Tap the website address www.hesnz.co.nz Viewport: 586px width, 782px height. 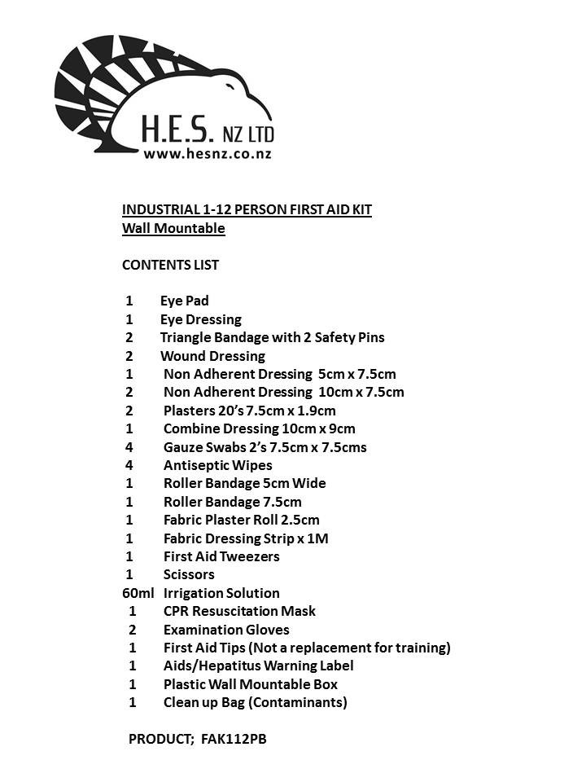point(208,152)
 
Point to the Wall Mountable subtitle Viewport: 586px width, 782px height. point(173,228)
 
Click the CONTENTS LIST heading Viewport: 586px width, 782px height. point(170,265)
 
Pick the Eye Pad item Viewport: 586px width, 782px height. point(184,301)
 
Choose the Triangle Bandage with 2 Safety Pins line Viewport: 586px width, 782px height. point(272,337)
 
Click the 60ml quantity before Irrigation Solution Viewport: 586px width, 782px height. point(138,593)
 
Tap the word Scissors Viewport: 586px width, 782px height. point(189,574)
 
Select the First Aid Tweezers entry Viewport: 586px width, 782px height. point(221,556)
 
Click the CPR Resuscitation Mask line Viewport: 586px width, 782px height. point(239,611)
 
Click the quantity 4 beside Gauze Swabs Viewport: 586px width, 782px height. point(129,447)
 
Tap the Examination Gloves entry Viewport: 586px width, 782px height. point(226,629)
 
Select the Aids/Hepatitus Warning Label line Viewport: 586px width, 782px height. point(258,666)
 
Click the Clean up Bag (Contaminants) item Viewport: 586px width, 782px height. point(255,702)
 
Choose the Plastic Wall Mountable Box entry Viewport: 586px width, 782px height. point(251,684)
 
